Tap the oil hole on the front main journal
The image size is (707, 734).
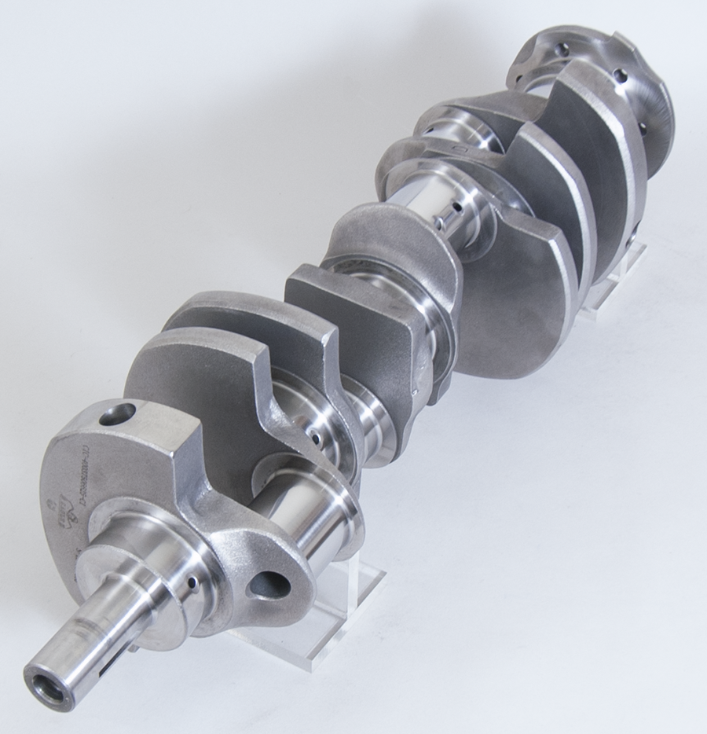click(x=191, y=582)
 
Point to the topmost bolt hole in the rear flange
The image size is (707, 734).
click(x=562, y=49)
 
